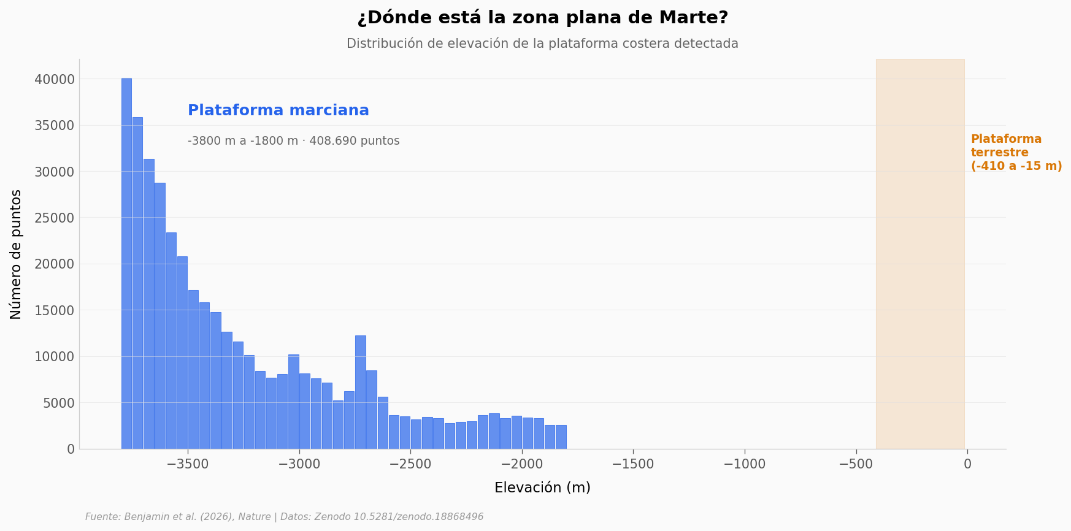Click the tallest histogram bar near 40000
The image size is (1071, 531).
(x=126, y=264)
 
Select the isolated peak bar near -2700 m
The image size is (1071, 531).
(x=361, y=392)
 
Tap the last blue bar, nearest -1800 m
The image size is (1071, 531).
(x=561, y=437)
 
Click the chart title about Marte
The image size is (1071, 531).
(x=542, y=18)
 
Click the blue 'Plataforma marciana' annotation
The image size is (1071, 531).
(x=278, y=111)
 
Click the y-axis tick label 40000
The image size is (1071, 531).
(x=55, y=79)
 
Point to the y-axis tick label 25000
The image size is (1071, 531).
(x=55, y=218)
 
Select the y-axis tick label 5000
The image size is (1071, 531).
(x=58, y=403)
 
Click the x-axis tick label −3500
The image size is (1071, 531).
(x=188, y=465)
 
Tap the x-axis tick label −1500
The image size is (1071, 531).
(x=633, y=465)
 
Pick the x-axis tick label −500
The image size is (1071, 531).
(x=856, y=465)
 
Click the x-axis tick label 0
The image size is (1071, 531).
(x=967, y=465)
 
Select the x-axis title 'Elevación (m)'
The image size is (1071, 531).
(x=542, y=488)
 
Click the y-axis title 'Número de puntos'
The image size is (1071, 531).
(x=16, y=254)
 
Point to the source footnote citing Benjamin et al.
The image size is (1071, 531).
(x=284, y=517)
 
